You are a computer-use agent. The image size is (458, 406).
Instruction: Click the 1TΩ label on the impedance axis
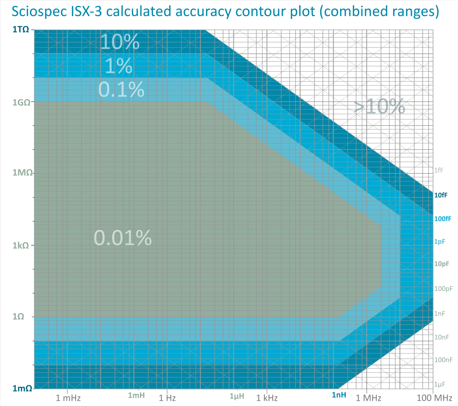tap(21, 30)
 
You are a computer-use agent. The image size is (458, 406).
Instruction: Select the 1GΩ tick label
tap(21, 102)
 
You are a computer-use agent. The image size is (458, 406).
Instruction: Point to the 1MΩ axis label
tap(21, 173)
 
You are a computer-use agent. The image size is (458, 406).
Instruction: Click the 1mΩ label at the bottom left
tap(21, 389)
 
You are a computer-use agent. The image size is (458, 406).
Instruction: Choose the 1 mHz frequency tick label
tap(68, 397)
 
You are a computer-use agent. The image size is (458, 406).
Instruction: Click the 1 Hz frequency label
tap(167, 397)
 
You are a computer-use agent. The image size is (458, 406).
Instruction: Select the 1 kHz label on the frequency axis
tap(267, 397)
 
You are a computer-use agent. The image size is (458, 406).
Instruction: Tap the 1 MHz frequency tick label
tap(367, 397)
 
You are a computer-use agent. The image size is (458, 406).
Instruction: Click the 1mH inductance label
tap(136, 395)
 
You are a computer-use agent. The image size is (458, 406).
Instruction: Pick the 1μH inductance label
tap(237, 396)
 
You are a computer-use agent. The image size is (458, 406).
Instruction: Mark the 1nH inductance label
tap(339, 395)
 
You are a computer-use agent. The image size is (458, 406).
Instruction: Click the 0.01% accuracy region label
tap(123, 238)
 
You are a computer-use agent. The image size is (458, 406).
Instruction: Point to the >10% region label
tap(379, 107)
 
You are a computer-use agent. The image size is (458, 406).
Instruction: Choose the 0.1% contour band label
tap(121, 90)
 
